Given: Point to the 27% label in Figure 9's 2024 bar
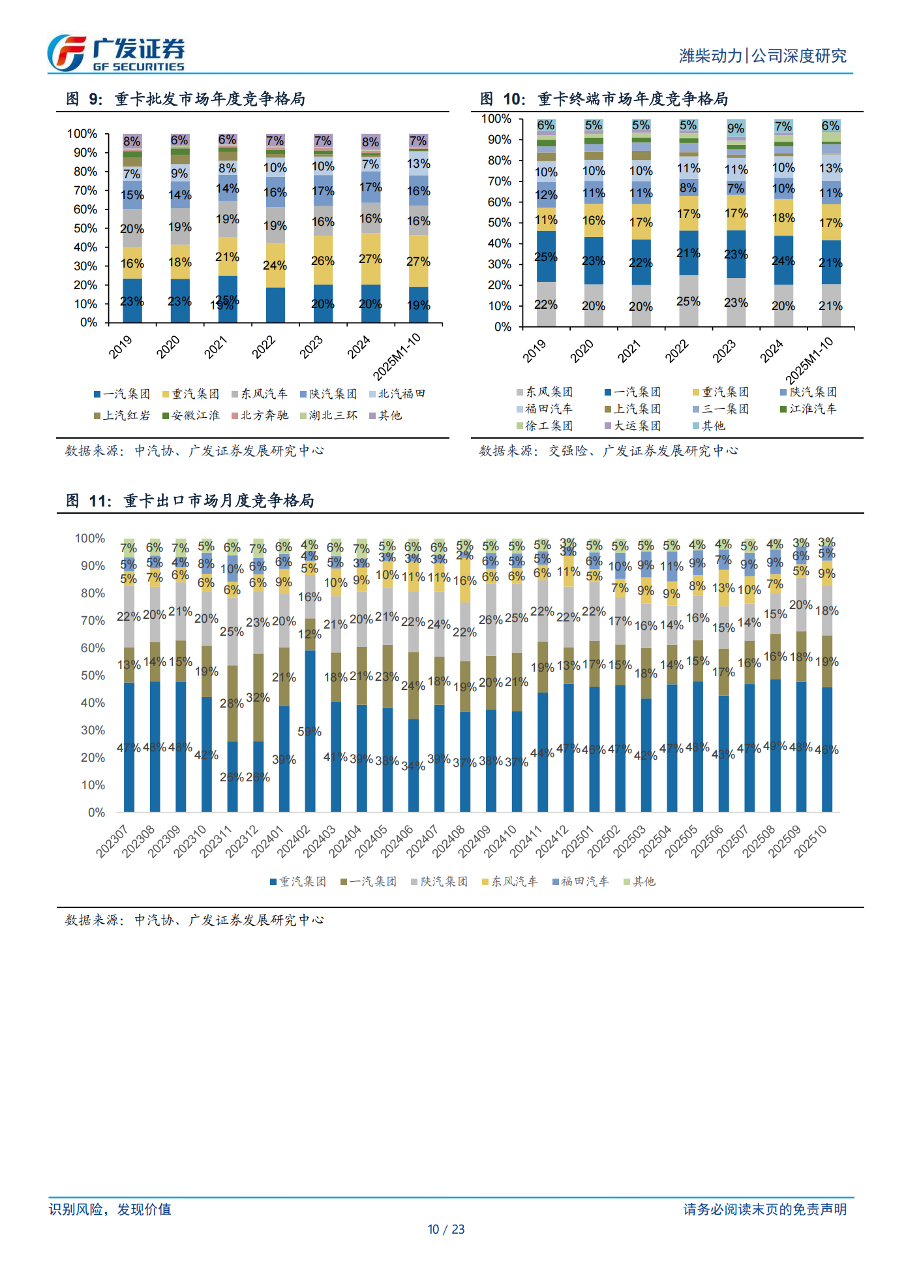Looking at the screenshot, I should tap(370, 259).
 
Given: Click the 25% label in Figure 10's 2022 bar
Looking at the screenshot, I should tap(688, 302).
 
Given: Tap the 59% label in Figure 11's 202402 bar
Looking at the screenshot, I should tap(309, 732).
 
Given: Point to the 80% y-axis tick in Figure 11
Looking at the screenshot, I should tap(93, 593).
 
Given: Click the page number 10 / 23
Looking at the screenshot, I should tap(446, 1230).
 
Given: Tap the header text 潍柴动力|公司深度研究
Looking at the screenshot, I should tap(763, 56).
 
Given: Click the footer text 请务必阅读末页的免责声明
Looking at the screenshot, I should tap(764, 1210).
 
